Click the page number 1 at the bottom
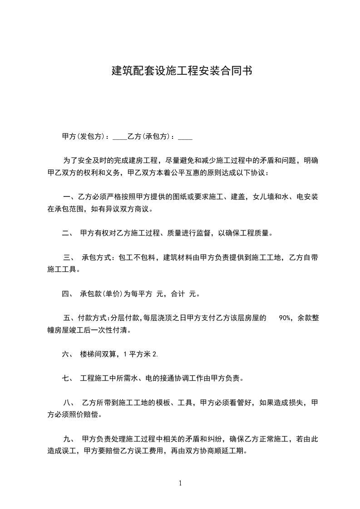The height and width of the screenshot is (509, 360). point(180,483)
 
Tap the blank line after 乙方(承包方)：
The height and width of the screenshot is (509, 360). point(185,137)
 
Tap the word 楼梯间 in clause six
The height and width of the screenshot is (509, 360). point(91,354)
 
